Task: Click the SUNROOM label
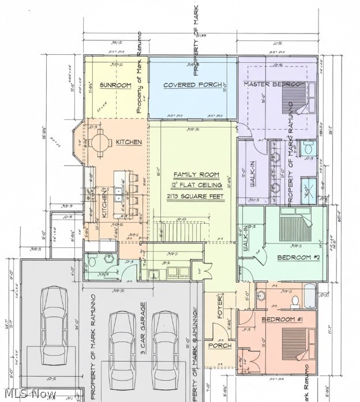[115, 85]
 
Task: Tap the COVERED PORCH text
[192, 85]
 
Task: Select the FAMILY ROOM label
[193, 174]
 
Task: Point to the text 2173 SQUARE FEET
[193, 197]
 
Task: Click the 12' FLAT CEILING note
[193, 185]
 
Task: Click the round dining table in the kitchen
[102, 141]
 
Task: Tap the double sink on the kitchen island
[118, 194]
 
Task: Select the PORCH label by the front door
[220, 345]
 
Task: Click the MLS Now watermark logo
[29, 393]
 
